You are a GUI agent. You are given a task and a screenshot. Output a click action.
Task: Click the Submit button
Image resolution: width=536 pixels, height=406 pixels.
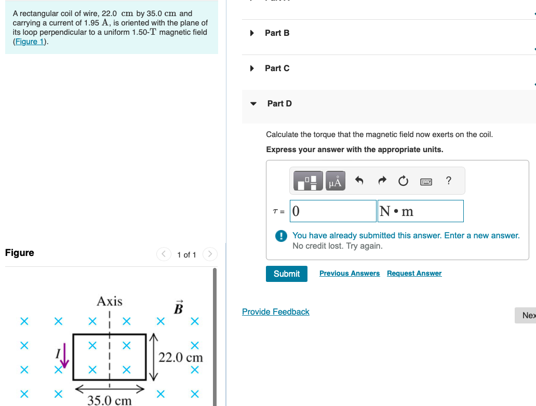coord(286,274)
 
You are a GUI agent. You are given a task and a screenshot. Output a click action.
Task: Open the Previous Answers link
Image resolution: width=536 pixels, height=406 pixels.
coord(349,274)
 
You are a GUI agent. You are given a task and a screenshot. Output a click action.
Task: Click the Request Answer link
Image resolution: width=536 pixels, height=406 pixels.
coord(414,274)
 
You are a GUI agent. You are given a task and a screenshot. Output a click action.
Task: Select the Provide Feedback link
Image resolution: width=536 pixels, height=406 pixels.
coord(275,312)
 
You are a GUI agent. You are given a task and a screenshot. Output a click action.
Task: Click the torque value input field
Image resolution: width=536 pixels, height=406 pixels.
coord(333,211)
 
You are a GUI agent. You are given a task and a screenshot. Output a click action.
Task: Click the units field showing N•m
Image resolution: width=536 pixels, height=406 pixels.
coord(420,211)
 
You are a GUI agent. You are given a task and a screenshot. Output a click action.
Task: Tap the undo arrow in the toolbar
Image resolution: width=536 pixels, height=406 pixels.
coord(359,181)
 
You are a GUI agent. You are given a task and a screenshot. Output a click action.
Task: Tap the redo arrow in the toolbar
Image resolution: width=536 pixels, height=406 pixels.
coord(382,181)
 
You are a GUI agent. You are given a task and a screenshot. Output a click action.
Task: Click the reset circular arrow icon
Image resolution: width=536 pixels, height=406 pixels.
coord(404,181)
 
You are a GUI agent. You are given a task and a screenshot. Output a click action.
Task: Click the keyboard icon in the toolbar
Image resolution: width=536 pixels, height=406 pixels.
coord(426,181)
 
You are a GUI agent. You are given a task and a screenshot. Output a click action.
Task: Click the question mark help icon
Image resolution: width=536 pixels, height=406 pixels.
coord(449,181)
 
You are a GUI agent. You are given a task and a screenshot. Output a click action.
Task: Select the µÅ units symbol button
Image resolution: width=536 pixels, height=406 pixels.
coord(336,181)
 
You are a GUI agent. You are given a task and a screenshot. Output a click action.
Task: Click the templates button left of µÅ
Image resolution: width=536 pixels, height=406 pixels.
coord(309,181)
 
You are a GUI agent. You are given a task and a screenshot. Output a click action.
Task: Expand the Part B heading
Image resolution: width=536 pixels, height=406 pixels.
coord(277,33)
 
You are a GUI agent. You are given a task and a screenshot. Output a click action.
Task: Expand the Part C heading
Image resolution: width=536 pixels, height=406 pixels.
coord(277,68)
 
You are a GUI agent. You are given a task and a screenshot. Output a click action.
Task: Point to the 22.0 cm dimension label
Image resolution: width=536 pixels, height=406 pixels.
coord(181,357)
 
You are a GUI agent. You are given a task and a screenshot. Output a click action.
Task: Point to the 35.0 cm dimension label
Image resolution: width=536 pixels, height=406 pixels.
coord(109,400)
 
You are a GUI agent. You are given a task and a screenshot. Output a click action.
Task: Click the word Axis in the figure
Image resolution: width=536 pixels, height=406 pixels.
coord(110,301)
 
